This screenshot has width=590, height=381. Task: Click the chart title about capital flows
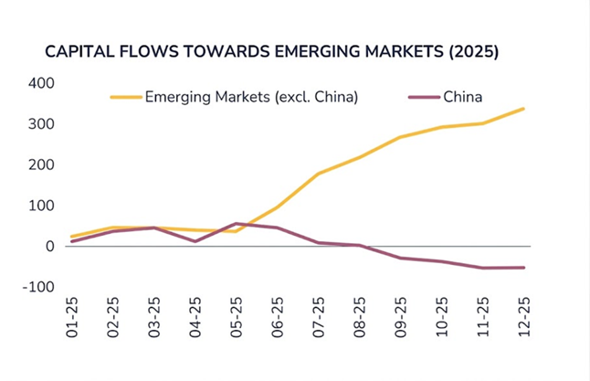[271, 52]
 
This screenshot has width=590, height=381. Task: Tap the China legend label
[462, 96]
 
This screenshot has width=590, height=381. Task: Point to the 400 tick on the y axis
[42, 83]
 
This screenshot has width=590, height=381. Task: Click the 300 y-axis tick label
[42, 124]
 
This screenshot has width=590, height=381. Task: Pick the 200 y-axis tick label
[42, 164]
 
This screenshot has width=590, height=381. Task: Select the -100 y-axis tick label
[39, 287]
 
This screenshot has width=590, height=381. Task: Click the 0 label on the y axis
[51, 247]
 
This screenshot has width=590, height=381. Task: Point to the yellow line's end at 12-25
[523, 109]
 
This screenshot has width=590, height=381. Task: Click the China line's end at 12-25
[523, 268]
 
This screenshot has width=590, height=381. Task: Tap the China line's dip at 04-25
[195, 241]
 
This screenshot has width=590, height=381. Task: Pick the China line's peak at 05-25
[237, 223]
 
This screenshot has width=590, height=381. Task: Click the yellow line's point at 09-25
[400, 137]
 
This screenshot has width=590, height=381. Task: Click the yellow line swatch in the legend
[125, 96]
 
